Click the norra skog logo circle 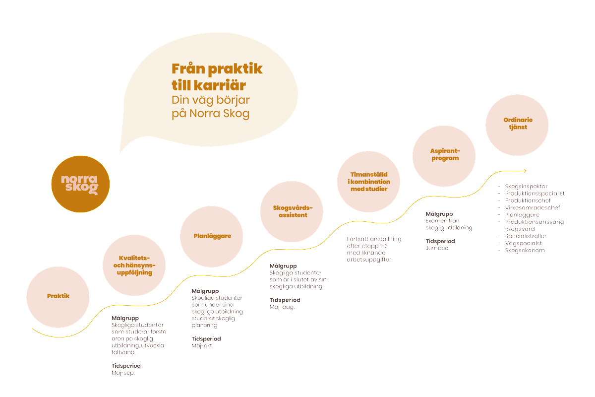pos(80,185)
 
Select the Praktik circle pos(58,296)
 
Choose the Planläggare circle pos(212,236)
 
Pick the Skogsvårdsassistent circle pos(292,211)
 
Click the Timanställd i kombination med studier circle pos(369,182)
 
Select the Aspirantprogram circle pos(444,154)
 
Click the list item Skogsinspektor pos(526,186)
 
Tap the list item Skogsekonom pos(525,251)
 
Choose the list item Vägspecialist pos(523,243)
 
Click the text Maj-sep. pos(123,373)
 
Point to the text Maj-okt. pos(202,345)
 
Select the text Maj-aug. pos(282,307)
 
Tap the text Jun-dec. pos(437,248)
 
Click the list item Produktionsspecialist pos(535,193)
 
